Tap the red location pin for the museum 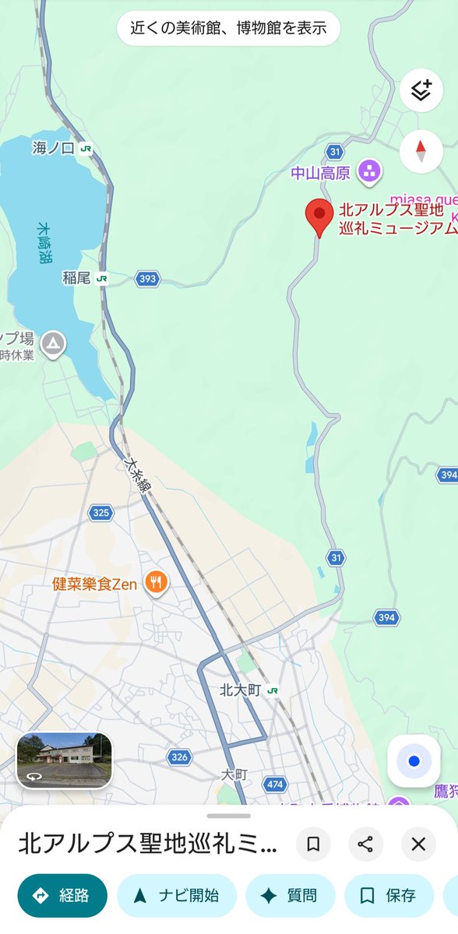click(319, 215)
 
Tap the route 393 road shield click(147, 279)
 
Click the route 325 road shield click(100, 512)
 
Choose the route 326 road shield click(179, 757)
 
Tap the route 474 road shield click(274, 783)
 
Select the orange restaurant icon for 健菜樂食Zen click(157, 581)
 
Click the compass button click(421, 150)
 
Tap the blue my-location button click(414, 760)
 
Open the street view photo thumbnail click(65, 760)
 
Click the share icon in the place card click(365, 844)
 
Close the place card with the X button click(418, 844)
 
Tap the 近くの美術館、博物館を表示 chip click(228, 30)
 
